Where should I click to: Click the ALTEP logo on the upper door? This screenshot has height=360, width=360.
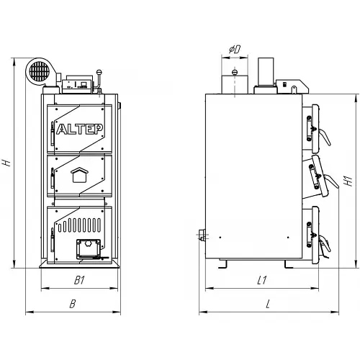pyautogui.click(x=80, y=129)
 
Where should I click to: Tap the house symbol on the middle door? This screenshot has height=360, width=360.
pyautogui.click(x=79, y=175)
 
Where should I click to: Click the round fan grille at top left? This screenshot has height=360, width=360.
pyautogui.click(x=40, y=71)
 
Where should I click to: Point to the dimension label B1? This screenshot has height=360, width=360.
pyautogui.click(x=79, y=280)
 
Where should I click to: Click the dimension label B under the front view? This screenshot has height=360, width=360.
pyautogui.click(x=73, y=304)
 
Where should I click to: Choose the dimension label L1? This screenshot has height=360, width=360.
pyautogui.click(x=262, y=280)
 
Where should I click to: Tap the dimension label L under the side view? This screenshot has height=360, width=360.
pyautogui.click(x=268, y=304)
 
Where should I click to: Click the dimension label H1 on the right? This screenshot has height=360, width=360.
pyautogui.click(x=348, y=181)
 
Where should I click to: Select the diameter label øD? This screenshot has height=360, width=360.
pyautogui.click(x=235, y=50)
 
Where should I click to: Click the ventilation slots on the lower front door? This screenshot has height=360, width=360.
pyautogui.click(x=79, y=225)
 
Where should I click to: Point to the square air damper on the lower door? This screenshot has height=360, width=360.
pyautogui.click(x=89, y=248)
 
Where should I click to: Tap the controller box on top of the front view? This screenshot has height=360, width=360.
pyautogui.click(x=77, y=84)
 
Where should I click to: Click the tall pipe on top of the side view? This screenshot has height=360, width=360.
pyautogui.click(x=266, y=71)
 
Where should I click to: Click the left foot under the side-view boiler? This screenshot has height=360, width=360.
pyautogui.click(x=222, y=264)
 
